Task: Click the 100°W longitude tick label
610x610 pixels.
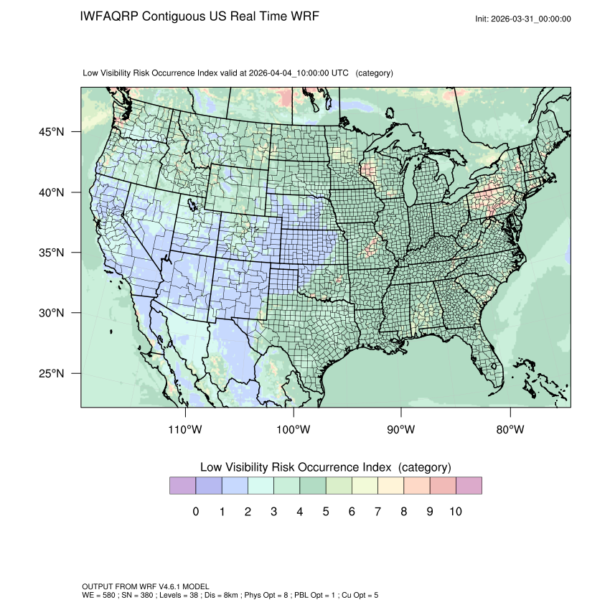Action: (294, 430)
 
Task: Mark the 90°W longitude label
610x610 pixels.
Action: (401, 430)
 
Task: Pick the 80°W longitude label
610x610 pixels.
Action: (510, 430)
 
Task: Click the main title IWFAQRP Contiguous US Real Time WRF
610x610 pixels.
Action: (200, 16)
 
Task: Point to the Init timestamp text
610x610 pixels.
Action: (522, 19)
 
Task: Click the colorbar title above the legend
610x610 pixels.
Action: (325, 467)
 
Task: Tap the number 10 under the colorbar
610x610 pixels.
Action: (455, 512)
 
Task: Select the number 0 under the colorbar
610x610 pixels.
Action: (196, 512)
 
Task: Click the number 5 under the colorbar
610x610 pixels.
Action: (325, 512)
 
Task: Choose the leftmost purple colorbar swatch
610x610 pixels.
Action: (182, 486)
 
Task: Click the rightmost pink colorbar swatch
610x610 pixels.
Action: (469, 486)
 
